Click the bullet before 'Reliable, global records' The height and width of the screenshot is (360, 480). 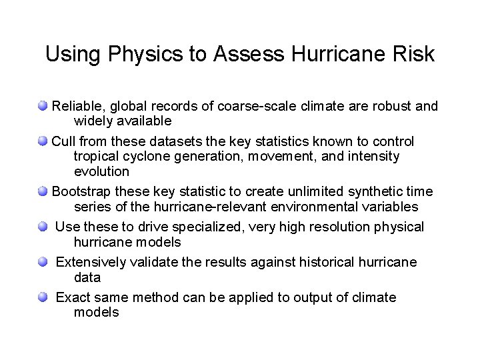pyautogui.click(x=43, y=105)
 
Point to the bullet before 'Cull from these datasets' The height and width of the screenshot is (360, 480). pyautogui.click(x=43, y=141)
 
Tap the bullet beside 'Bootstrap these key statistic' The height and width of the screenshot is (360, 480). pyautogui.click(x=43, y=191)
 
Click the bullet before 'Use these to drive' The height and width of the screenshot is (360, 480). pyautogui.click(x=43, y=227)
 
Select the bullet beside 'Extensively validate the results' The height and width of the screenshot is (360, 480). pyautogui.click(x=43, y=262)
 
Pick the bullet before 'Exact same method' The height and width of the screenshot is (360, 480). pyautogui.click(x=43, y=297)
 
